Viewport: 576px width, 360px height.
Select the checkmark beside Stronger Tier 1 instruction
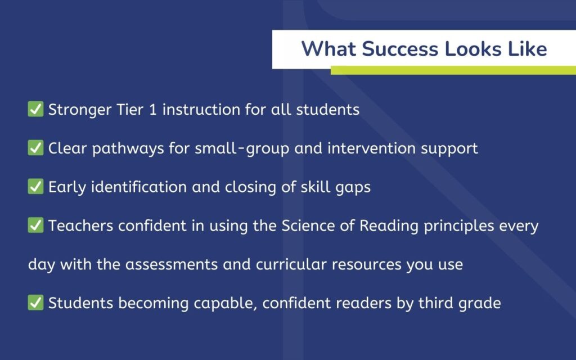(x=35, y=109)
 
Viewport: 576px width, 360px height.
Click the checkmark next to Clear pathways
(x=35, y=148)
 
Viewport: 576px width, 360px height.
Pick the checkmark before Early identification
(x=35, y=187)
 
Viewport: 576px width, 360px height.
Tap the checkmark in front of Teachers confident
(x=35, y=226)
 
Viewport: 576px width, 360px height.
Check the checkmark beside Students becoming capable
(x=35, y=303)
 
